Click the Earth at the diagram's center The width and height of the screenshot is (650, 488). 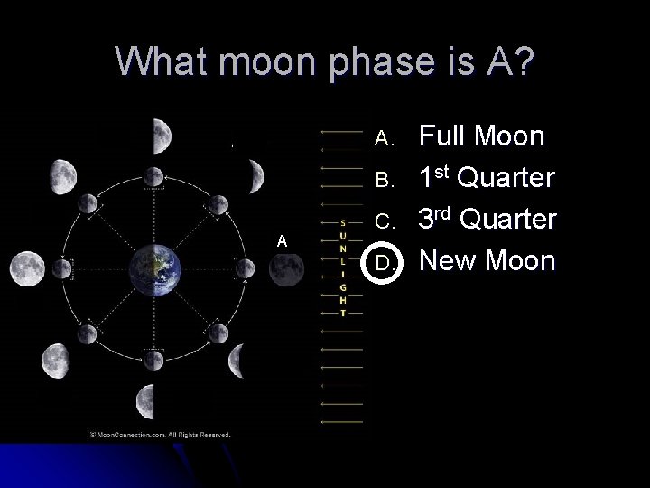(154, 268)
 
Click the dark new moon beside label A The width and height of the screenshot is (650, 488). (286, 268)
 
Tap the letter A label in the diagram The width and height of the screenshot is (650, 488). (282, 240)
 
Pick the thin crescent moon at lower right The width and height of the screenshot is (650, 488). (237, 361)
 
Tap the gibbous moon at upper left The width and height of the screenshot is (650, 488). (61, 171)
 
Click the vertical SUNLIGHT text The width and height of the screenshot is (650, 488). (342, 267)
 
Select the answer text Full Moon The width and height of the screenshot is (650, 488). (482, 137)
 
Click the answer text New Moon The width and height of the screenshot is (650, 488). (487, 262)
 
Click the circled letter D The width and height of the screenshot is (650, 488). (384, 263)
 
